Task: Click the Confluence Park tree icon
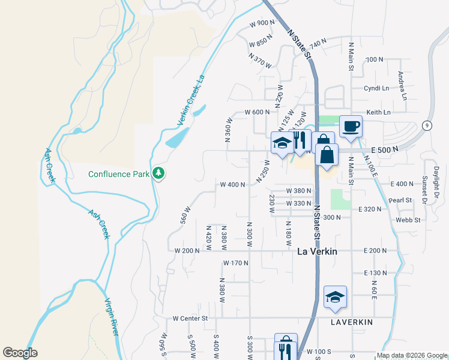click(158, 174)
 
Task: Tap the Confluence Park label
click(118, 175)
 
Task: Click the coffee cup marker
click(351, 127)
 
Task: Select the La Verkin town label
click(317, 252)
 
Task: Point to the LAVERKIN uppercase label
click(352, 322)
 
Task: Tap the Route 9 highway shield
click(426, 125)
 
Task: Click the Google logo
click(20, 353)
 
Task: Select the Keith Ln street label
click(378, 112)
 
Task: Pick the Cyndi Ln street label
click(376, 88)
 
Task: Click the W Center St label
click(190, 318)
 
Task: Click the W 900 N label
click(262, 23)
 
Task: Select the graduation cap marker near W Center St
click(336, 297)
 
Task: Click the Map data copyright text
click(412, 355)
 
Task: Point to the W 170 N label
click(235, 263)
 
